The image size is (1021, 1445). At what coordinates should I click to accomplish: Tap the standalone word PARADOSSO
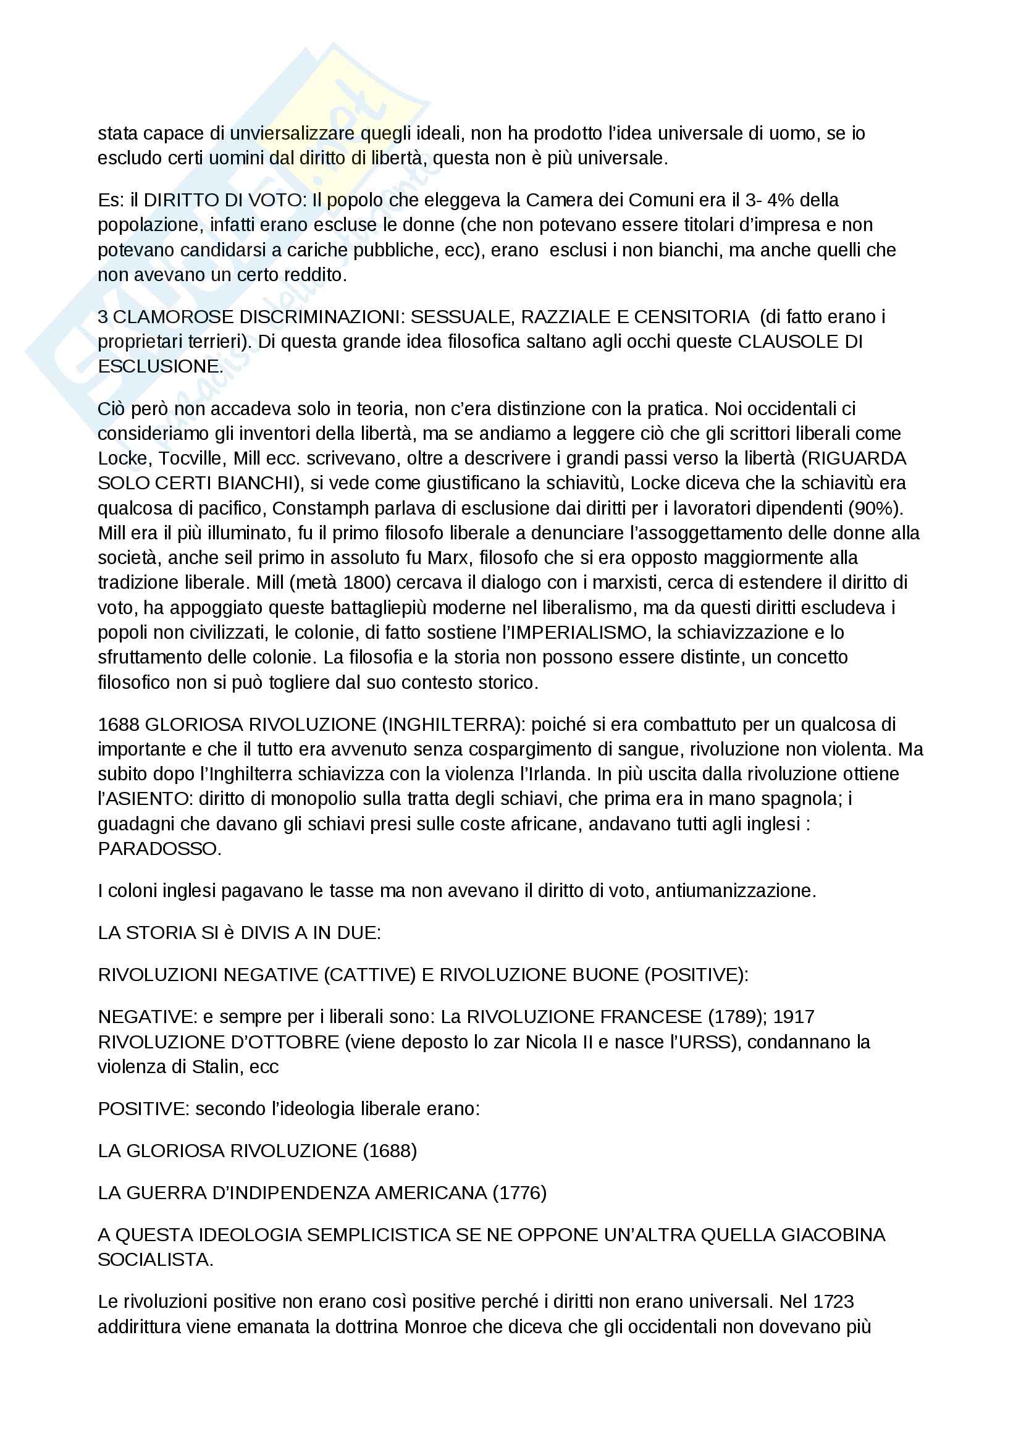[160, 849]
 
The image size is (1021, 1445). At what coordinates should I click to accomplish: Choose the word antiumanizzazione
[736, 891]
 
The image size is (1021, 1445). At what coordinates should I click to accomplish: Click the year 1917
[793, 1017]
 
